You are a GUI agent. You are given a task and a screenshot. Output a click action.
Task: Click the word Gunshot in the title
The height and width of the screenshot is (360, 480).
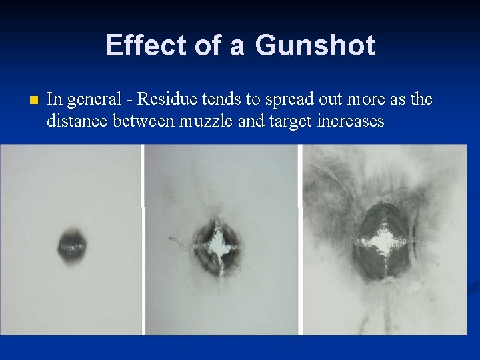[x=315, y=46]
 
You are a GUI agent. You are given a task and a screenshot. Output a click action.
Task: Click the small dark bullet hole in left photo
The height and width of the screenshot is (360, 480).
[x=71, y=245]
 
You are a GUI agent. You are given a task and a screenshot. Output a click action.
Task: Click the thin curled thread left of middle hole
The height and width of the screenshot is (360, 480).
[x=179, y=241]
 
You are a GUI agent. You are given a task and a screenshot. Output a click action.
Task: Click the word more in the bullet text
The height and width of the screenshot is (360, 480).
[x=373, y=100]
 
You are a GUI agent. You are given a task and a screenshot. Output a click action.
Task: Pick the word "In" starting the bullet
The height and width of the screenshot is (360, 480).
[x=55, y=100]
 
